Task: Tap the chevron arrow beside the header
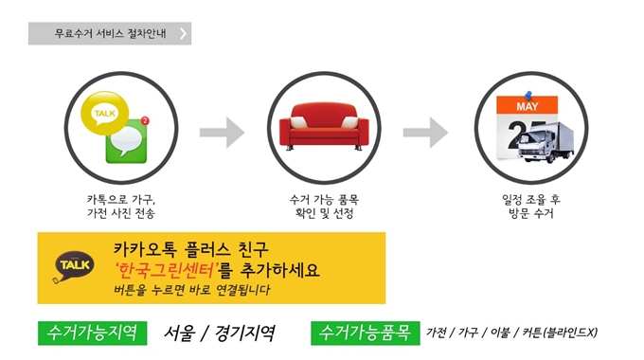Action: coord(184,34)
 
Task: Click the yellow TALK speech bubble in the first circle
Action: coord(102,116)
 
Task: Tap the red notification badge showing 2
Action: coord(143,121)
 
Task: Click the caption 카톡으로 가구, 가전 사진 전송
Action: coord(120,207)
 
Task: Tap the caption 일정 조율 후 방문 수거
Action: coord(528,207)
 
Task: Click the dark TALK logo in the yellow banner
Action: coord(72,264)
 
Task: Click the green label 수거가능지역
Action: coord(94,333)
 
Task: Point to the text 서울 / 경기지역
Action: coord(219,333)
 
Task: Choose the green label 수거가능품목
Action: coord(364,333)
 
